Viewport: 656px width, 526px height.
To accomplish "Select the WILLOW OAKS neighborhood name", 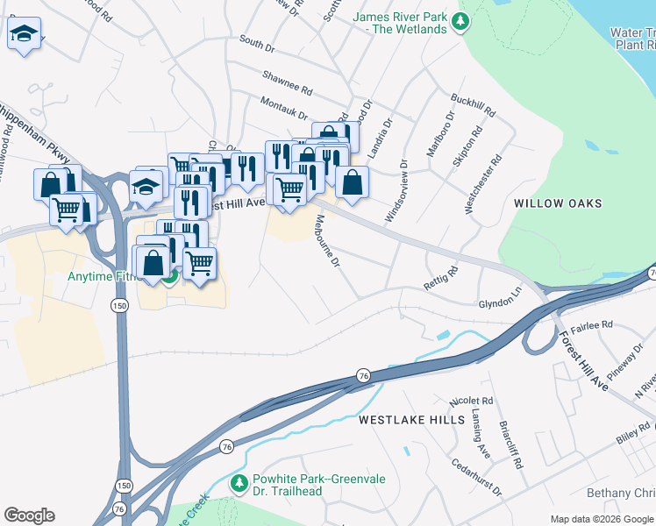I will (x=558, y=203).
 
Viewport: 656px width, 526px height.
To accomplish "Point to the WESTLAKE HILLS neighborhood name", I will (x=411, y=420).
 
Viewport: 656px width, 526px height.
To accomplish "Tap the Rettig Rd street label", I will (x=441, y=277).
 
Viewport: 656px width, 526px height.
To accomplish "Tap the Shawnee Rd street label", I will (x=289, y=90).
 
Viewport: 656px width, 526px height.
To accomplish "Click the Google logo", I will (x=29, y=515).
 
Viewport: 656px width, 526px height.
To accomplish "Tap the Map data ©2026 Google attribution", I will (x=602, y=519).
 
